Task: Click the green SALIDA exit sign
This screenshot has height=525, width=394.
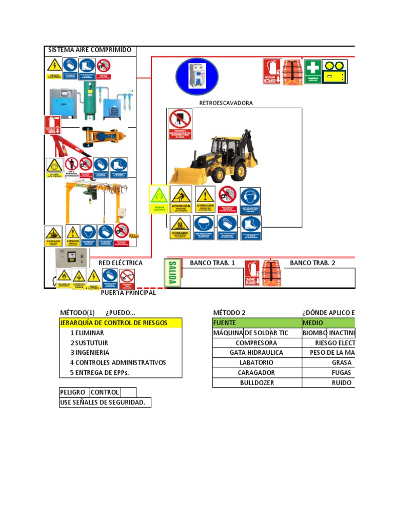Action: (172, 273)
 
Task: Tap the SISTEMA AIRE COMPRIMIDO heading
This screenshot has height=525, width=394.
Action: (90, 50)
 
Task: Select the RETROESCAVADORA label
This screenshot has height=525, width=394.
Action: (226, 103)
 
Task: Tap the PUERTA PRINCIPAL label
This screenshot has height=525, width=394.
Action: (128, 293)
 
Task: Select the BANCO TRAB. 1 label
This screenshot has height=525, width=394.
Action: (212, 263)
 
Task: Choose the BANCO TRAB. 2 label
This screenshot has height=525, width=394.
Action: (312, 263)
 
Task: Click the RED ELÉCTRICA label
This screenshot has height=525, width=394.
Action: (121, 263)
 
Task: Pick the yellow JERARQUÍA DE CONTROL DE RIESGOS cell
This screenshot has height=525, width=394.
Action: (121, 323)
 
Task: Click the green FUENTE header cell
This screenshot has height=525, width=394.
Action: (257, 323)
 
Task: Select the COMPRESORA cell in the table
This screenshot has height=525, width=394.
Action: (257, 343)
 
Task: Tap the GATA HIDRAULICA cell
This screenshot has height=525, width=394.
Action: (257, 353)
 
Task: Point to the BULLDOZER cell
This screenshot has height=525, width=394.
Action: (257, 382)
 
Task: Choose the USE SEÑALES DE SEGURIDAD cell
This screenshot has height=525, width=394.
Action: (105, 402)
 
